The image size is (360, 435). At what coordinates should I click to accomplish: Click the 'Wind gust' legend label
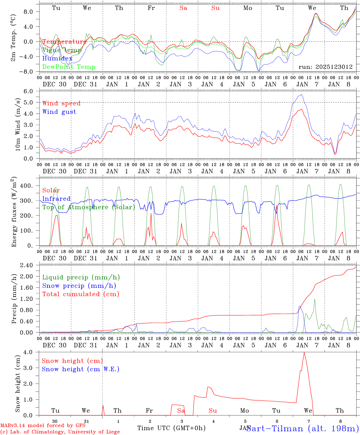(x=59, y=112)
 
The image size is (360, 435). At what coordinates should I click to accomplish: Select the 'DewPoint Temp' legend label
(x=69, y=67)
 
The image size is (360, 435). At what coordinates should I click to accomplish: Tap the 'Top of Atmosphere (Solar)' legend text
(x=89, y=207)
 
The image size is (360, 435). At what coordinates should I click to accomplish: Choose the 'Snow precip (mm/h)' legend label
(x=79, y=285)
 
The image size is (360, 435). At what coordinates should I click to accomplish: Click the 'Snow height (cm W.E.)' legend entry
(x=81, y=369)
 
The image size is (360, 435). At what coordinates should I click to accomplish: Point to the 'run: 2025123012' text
(x=325, y=67)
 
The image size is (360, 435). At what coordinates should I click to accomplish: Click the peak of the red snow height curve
(x=304, y=352)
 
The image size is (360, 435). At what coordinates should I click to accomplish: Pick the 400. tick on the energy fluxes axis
(x=30, y=186)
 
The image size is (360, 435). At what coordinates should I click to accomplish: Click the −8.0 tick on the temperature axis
(x=29, y=72)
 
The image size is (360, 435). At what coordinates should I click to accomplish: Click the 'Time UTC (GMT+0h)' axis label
(x=171, y=428)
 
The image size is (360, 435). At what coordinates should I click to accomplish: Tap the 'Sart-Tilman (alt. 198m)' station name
(x=303, y=428)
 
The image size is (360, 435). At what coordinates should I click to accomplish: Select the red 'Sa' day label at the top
(x=183, y=8)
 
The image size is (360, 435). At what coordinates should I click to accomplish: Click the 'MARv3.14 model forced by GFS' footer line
(x=43, y=425)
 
